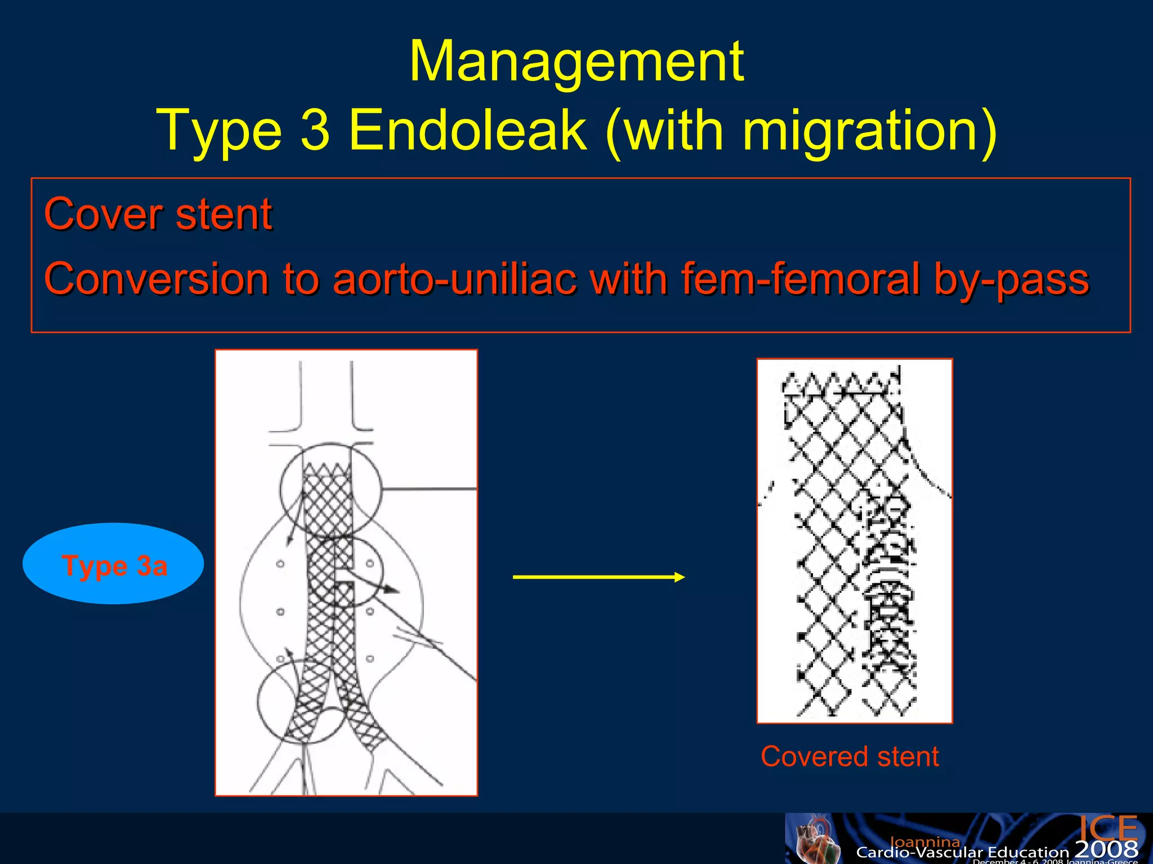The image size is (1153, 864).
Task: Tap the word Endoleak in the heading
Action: (467, 130)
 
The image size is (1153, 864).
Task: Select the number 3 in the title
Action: (315, 130)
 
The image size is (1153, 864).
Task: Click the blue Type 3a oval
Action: (113, 564)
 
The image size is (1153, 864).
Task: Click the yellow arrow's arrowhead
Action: (679, 577)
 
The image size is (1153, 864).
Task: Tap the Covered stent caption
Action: (850, 757)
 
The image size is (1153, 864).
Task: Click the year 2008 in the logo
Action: (1106, 849)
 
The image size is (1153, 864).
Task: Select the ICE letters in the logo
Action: (1108, 828)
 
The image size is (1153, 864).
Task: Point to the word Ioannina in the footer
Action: (924, 841)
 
